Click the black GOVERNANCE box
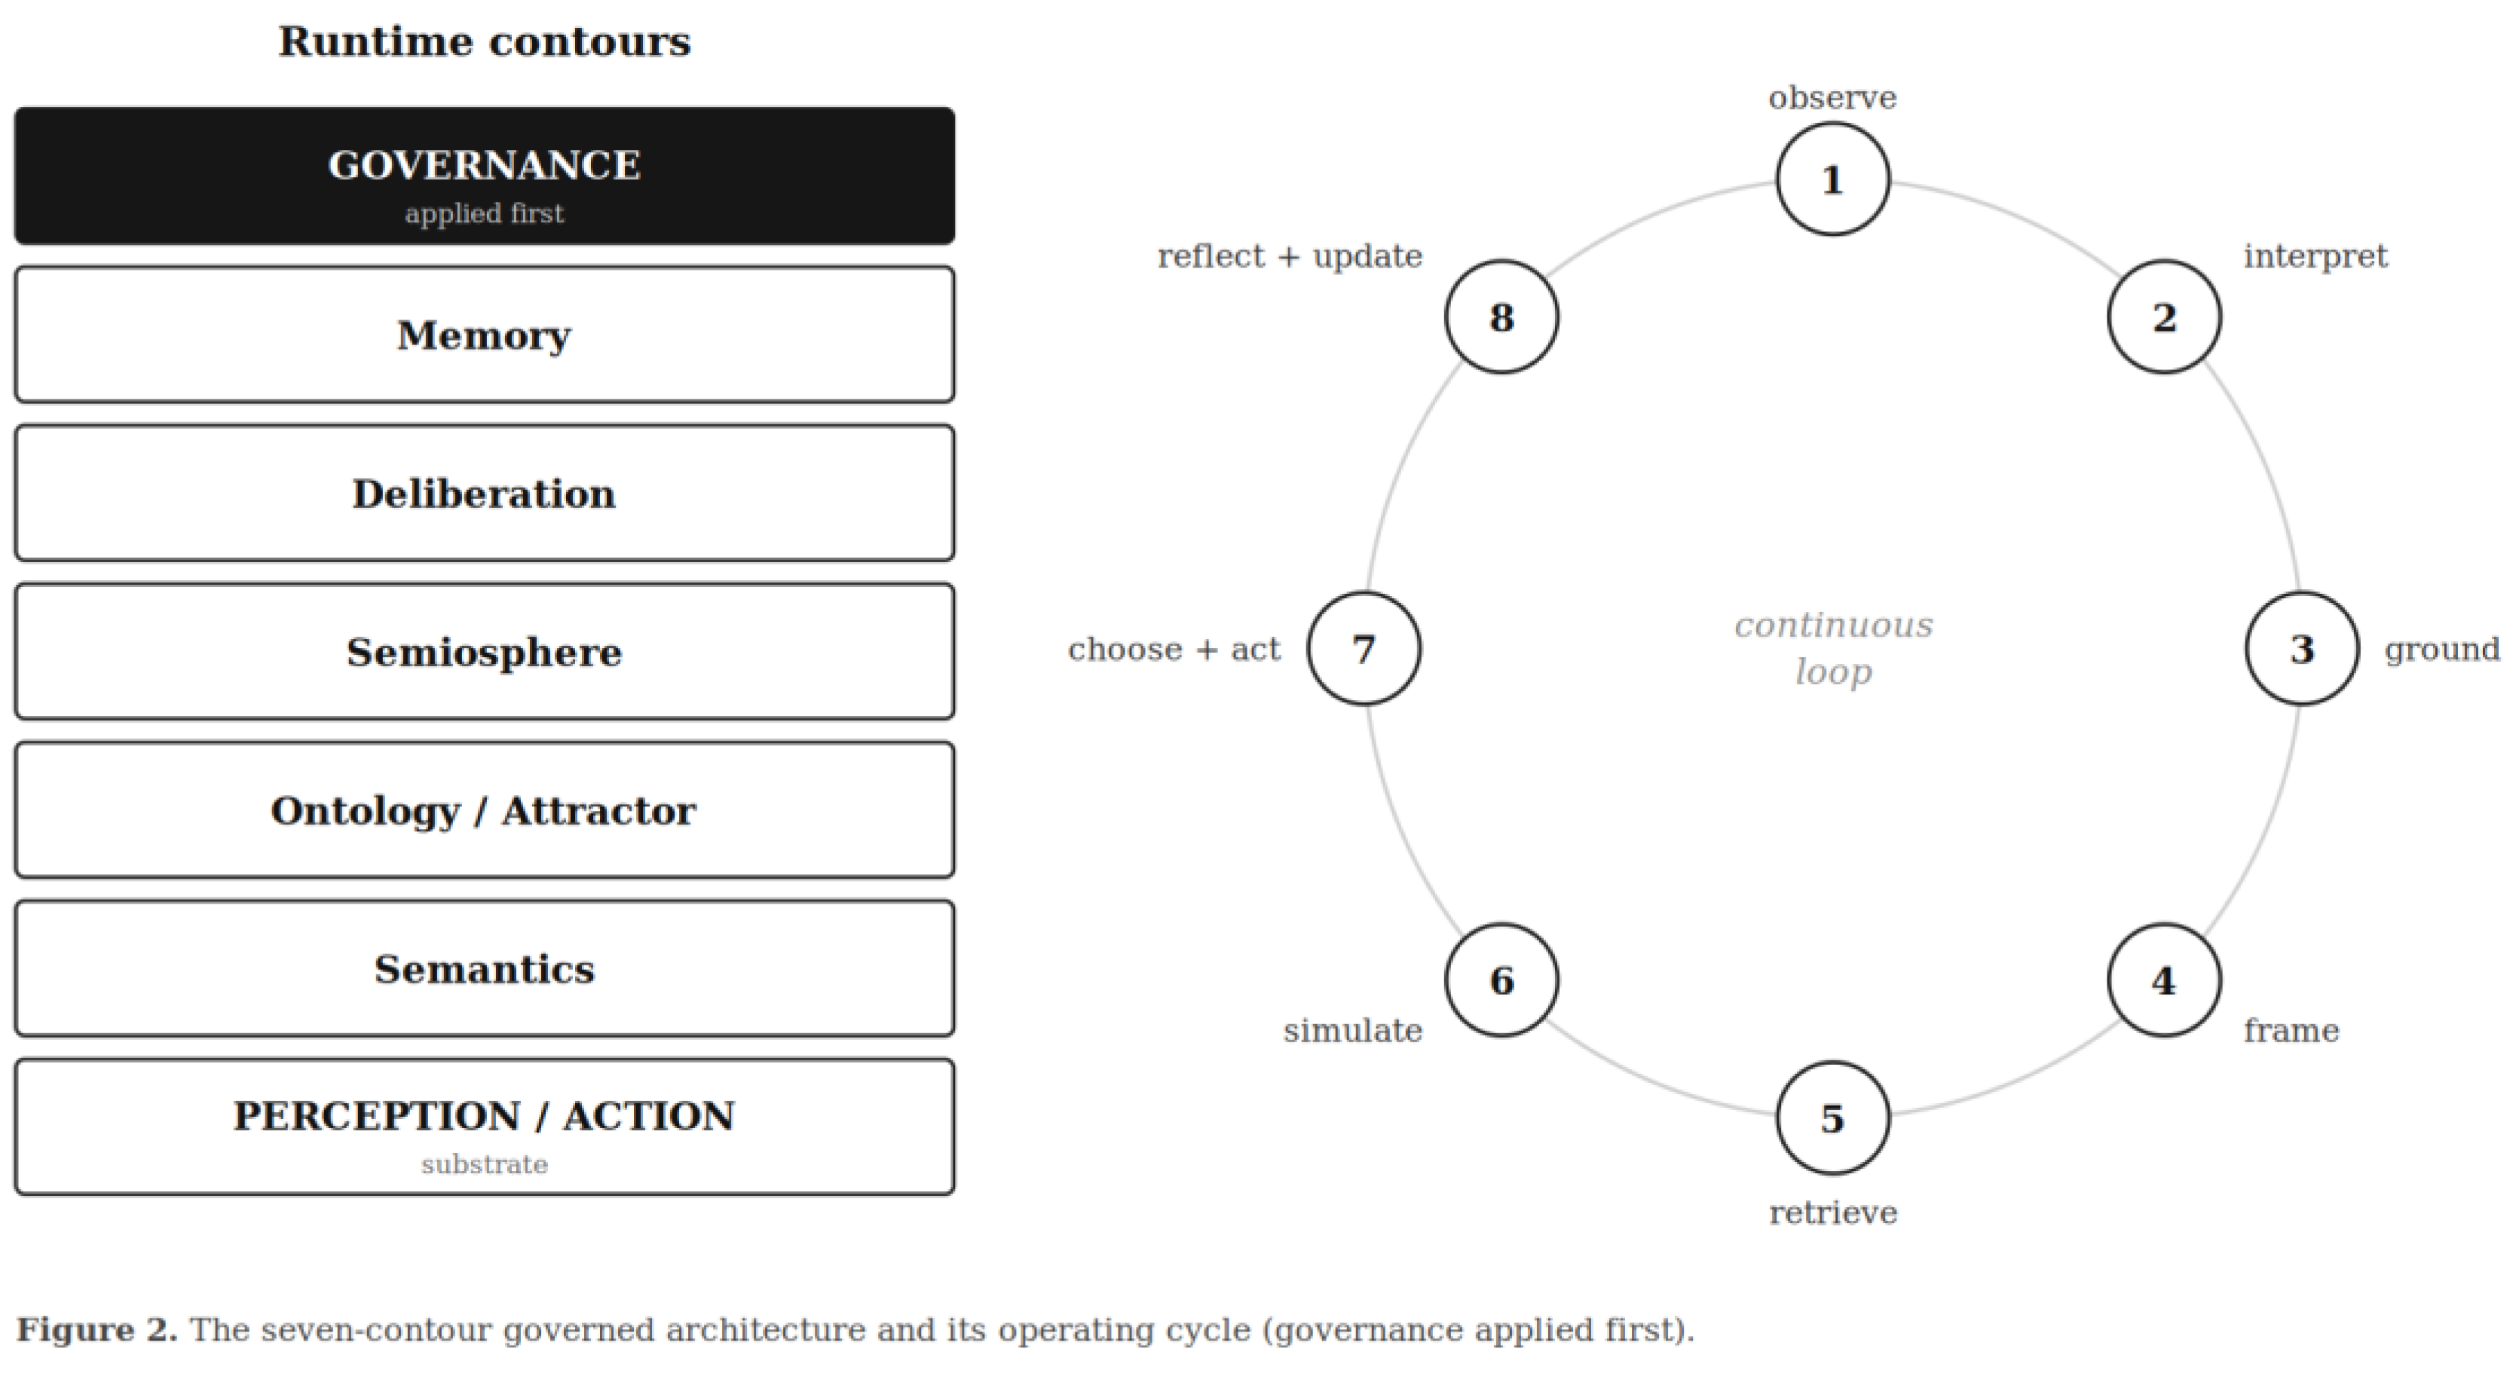[x=484, y=176]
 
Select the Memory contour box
[x=484, y=335]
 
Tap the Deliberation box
[x=484, y=493]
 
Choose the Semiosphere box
[x=484, y=651]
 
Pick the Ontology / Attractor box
[x=484, y=810]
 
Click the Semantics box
[x=484, y=968]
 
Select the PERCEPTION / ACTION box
[x=484, y=1127]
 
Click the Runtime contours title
[x=484, y=41]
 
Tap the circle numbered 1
[x=1832, y=179]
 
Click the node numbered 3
[x=2302, y=648]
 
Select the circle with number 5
[x=1832, y=1118]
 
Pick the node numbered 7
[x=1364, y=648]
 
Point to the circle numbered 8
[x=1502, y=316]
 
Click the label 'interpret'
[x=2315, y=256]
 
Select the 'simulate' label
[x=1352, y=1031]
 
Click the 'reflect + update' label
[x=1290, y=256]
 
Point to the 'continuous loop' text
[x=1834, y=647]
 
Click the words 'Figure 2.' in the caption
[x=96, y=1330]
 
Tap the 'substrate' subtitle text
[x=484, y=1165]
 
